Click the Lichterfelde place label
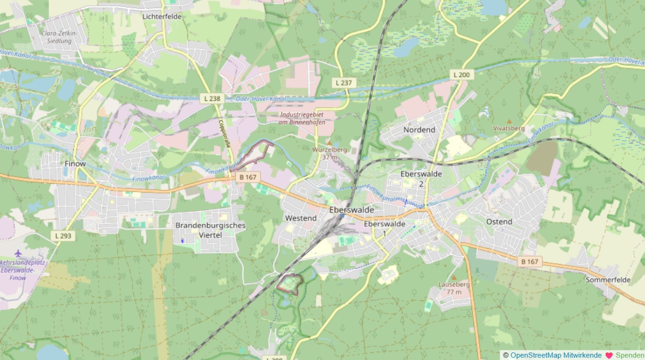pyautogui.click(x=162, y=17)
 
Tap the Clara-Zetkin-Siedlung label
pyautogui.click(x=56, y=37)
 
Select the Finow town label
pyautogui.click(x=75, y=164)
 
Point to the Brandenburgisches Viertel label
pyautogui.click(x=210, y=230)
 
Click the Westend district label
pyautogui.click(x=301, y=218)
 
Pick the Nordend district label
pyautogui.click(x=419, y=130)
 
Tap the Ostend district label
pyautogui.click(x=499, y=222)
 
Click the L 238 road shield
pyautogui.click(x=212, y=99)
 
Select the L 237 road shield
pyautogui.click(x=344, y=83)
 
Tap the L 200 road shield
pyautogui.click(x=461, y=75)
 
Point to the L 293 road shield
pyautogui.click(x=63, y=235)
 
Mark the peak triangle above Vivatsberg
pyautogui.click(x=509, y=122)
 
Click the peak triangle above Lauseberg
pyautogui.click(x=454, y=278)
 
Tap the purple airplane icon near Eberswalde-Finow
pyautogui.click(x=19, y=253)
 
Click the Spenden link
pyautogui.click(x=629, y=355)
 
